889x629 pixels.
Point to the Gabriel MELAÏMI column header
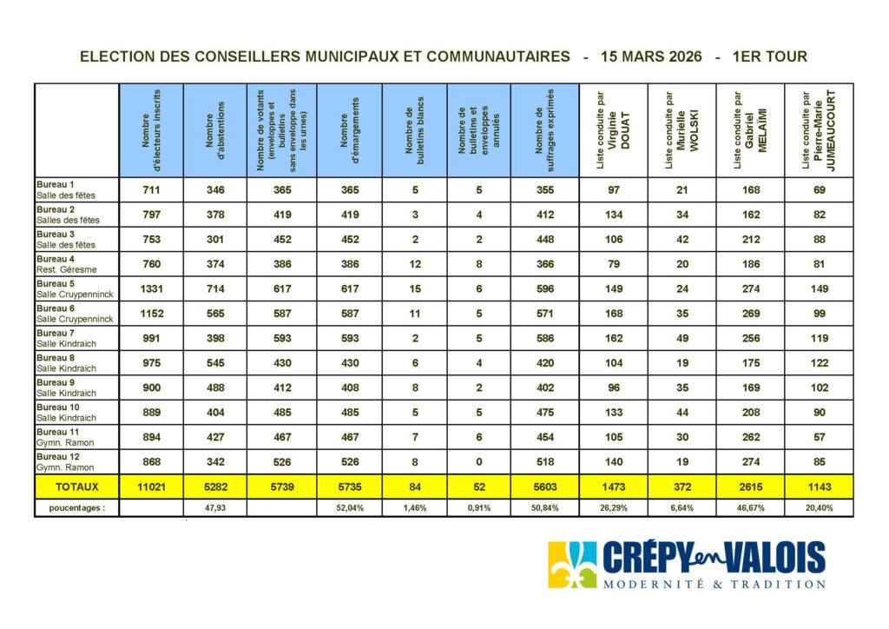(750, 130)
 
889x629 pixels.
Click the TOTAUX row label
(76, 488)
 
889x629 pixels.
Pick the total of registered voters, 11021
(150, 488)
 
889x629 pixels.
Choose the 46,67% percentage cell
(750, 508)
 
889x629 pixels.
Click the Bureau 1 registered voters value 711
(150, 189)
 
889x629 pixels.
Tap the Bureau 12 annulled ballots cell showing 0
(479, 463)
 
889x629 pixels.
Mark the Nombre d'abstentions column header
(215, 130)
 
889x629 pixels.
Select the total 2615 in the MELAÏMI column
(750, 488)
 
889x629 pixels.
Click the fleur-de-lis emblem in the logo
(572, 565)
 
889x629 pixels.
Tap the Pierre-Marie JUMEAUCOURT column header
(819, 130)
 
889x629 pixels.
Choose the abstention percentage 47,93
(215, 508)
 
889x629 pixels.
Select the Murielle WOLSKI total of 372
(682, 488)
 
